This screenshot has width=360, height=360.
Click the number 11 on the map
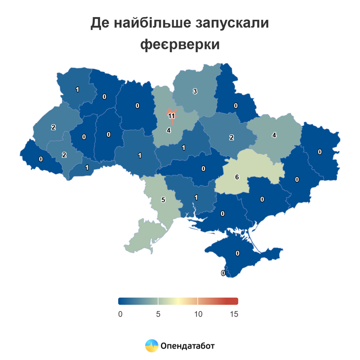click(171, 116)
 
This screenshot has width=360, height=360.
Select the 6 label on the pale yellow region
click(237, 177)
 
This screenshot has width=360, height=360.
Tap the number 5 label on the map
click(163, 200)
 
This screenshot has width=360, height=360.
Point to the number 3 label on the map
click(195, 91)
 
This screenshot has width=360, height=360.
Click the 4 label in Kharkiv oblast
click(274, 135)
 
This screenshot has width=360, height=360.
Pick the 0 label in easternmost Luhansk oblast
click(319, 152)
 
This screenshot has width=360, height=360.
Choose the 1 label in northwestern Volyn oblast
click(77, 90)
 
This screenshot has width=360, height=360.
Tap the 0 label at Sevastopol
click(223, 273)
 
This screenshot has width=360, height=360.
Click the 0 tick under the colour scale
click(120, 314)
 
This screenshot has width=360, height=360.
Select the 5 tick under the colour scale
click(158, 314)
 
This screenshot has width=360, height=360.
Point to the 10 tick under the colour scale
click(198, 314)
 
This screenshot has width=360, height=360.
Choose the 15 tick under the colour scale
click(234, 314)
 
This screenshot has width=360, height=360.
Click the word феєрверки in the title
click(180, 45)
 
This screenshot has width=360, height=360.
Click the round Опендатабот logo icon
click(152, 345)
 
